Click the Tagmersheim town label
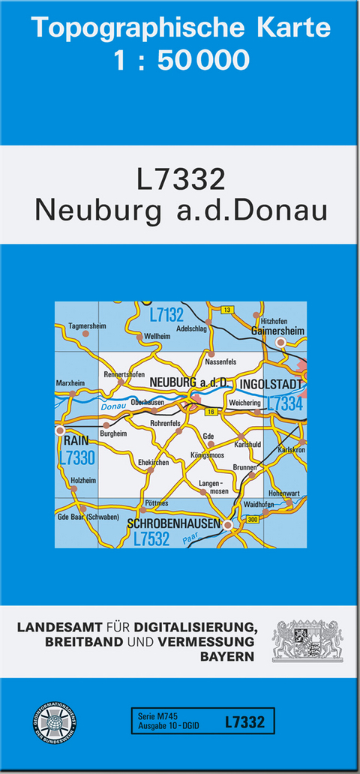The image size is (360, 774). pos(87,326)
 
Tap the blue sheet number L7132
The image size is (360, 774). pos(166,315)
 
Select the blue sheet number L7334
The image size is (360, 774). pos(284,403)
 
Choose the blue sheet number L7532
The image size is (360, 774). pos(151,538)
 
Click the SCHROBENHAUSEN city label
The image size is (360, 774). pos(173,523)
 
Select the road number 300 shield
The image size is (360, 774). pos(252,520)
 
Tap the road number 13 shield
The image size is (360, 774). pos(228,309)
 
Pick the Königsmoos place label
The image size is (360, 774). pos(208,454)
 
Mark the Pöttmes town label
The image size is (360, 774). pos(156,503)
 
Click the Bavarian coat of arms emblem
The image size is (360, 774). pos(307,640)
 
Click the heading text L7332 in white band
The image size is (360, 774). pos(181,180)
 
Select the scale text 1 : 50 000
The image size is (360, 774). pos(181,60)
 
